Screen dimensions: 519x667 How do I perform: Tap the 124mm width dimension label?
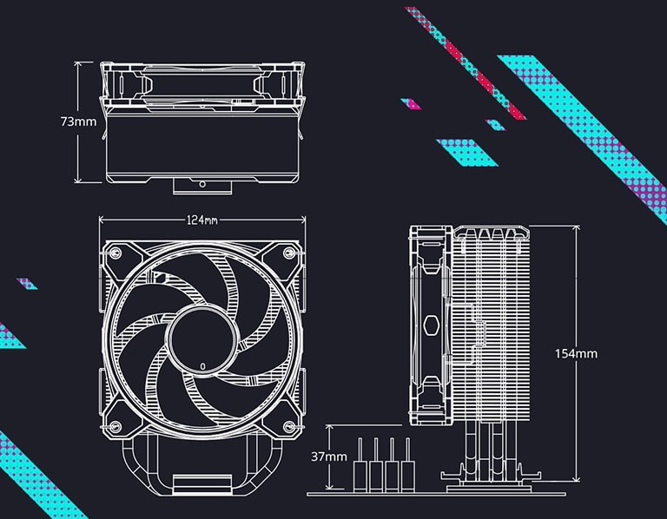pos(201,220)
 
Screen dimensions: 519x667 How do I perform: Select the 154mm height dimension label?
pos(576,353)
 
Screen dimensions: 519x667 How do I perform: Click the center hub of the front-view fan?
pos(201,332)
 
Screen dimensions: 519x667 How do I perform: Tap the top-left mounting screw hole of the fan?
pos(113,253)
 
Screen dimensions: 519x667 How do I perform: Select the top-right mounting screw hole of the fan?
pos(291,253)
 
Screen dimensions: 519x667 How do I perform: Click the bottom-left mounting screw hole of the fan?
pos(113,424)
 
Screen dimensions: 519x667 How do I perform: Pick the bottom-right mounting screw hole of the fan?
pos(291,424)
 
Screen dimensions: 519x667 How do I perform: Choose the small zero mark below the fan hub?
pos(202,366)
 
